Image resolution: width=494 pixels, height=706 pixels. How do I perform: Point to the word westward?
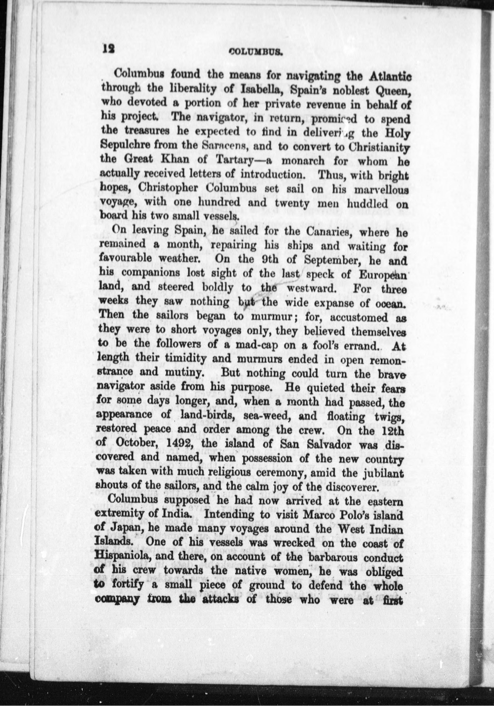click(x=314, y=288)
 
